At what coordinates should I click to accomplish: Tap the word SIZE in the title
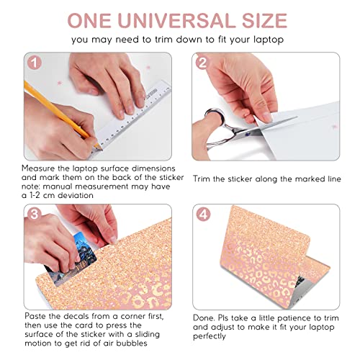pyautogui.click(x=264, y=21)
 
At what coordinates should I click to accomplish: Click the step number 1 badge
pyautogui.click(x=35, y=63)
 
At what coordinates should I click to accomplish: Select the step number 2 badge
pyautogui.click(x=203, y=63)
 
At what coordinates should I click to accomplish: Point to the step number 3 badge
pyautogui.click(x=35, y=214)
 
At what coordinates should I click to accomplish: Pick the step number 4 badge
pyautogui.click(x=204, y=214)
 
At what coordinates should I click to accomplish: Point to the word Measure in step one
pyautogui.click(x=38, y=168)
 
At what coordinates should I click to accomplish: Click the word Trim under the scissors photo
pyautogui.click(x=202, y=179)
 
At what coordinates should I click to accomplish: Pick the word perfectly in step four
pyautogui.click(x=210, y=336)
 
